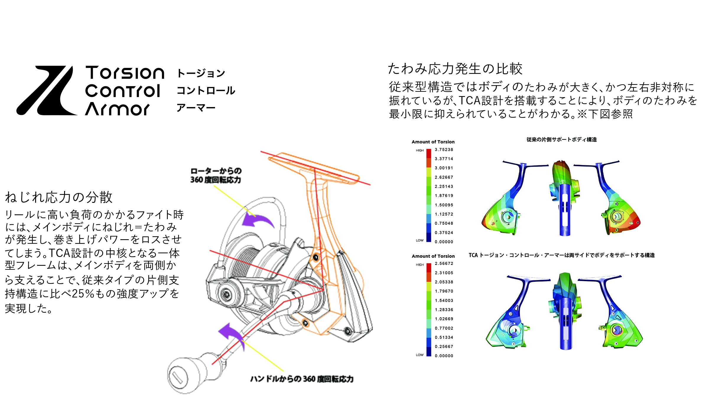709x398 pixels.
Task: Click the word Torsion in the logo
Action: click(125, 73)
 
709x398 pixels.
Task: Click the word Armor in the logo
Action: click(117, 109)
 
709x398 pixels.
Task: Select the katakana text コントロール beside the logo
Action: click(206, 90)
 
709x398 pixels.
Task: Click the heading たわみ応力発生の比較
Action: click(455, 69)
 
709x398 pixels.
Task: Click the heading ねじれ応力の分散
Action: click(59, 197)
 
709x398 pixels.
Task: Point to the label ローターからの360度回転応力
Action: click(216, 175)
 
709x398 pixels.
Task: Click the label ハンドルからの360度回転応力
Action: click(302, 379)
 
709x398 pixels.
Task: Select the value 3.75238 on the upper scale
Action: click(444, 150)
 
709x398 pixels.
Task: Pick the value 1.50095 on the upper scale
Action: click(444, 205)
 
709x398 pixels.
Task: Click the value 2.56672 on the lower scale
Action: click(444, 263)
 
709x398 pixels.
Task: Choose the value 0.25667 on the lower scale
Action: click(444, 347)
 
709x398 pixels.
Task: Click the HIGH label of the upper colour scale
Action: click(419, 151)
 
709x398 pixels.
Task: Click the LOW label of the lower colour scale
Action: click(419, 355)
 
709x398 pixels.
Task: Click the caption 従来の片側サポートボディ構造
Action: click(561, 140)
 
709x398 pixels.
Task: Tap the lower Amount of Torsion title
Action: click(433, 256)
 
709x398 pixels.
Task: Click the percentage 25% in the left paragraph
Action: click(83, 294)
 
